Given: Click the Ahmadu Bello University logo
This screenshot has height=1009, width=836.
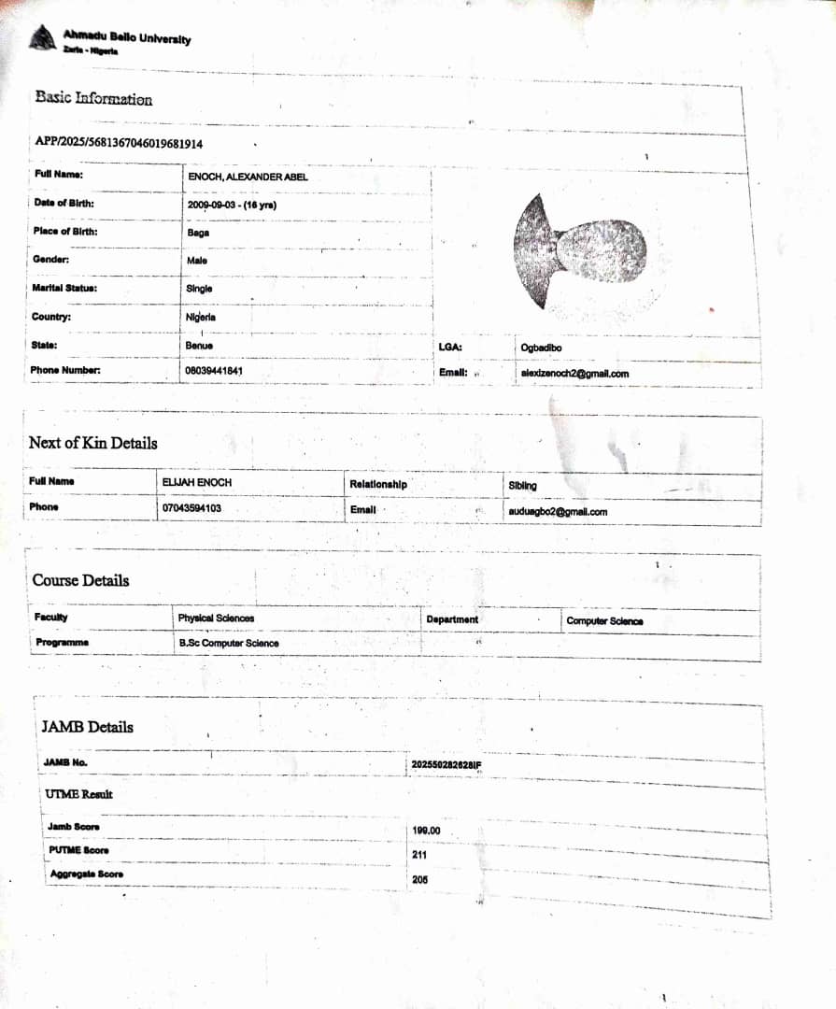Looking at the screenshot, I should click(x=41, y=38).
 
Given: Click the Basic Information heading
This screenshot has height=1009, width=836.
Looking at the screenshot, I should click(x=93, y=98).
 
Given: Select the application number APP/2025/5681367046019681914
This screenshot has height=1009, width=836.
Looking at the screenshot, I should click(x=119, y=143).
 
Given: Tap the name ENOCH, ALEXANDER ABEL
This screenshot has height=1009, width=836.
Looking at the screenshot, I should click(x=248, y=177).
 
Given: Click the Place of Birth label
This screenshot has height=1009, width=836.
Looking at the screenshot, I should click(x=65, y=232).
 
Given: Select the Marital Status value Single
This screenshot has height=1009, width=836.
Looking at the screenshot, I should click(x=199, y=289).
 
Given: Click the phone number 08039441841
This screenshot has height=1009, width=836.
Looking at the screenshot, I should click(x=215, y=371).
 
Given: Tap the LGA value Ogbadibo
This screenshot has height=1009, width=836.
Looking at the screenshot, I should click(x=541, y=348).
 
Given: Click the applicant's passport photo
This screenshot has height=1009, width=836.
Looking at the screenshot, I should click(x=579, y=251).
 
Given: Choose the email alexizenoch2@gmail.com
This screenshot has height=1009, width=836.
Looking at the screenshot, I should click(x=574, y=374).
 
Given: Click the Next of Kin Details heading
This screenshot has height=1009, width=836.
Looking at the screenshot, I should click(x=92, y=443).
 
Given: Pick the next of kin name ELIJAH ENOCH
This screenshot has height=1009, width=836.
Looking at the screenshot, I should click(x=196, y=482).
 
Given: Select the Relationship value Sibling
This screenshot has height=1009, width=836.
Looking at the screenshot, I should click(x=522, y=486).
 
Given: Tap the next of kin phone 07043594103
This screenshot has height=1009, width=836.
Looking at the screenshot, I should click(x=191, y=508).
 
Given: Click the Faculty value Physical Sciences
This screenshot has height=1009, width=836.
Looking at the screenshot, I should click(x=216, y=618).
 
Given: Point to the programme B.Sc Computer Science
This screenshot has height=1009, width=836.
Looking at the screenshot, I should click(x=229, y=644).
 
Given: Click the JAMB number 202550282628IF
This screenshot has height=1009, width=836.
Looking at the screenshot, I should click(x=446, y=766).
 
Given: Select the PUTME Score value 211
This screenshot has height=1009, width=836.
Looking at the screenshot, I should click(x=419, y=855).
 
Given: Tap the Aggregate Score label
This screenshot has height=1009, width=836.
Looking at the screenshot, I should click(x=87, y=874).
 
